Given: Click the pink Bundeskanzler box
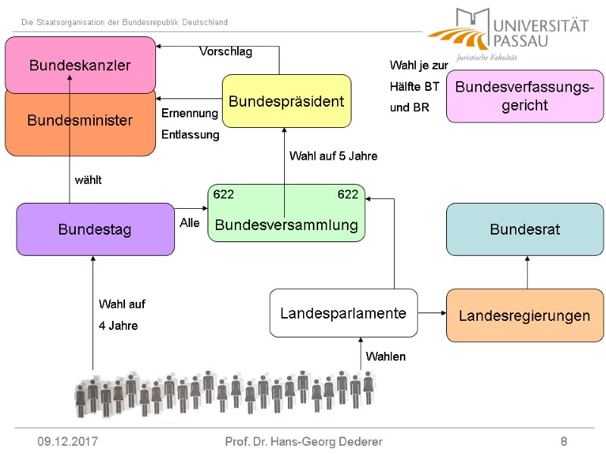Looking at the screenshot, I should click(x=80, y=64).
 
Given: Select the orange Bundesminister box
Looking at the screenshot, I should click(x=80, y=121).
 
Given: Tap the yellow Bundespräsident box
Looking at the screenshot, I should click(x=286, y=101).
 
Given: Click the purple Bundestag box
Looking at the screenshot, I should click(x=95, y=229).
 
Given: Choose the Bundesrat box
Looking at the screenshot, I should click(x=525, y=229).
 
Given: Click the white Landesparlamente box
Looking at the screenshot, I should click(x=343, y=313).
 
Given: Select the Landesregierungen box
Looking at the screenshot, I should click(x=524, y=316).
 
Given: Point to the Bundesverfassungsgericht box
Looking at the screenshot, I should click(x=524, y=96).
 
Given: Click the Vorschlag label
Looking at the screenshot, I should click(x=226, y=52).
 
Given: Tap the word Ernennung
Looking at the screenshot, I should click(x=190, y=113).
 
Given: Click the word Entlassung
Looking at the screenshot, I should click(x=190, y=135).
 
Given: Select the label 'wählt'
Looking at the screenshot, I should click(x=88, y=180).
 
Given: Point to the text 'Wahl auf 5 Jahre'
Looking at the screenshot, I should click(x=333, y=156).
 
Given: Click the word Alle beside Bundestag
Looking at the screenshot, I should click(x=190, y=223).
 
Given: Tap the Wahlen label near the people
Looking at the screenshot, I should click(x=386, y=356).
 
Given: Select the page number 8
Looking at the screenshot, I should click(x=564, y=441).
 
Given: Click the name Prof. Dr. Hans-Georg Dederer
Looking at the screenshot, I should click(x=304, y=441).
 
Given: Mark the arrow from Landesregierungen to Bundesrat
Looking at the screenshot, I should click(x=527, y=272).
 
